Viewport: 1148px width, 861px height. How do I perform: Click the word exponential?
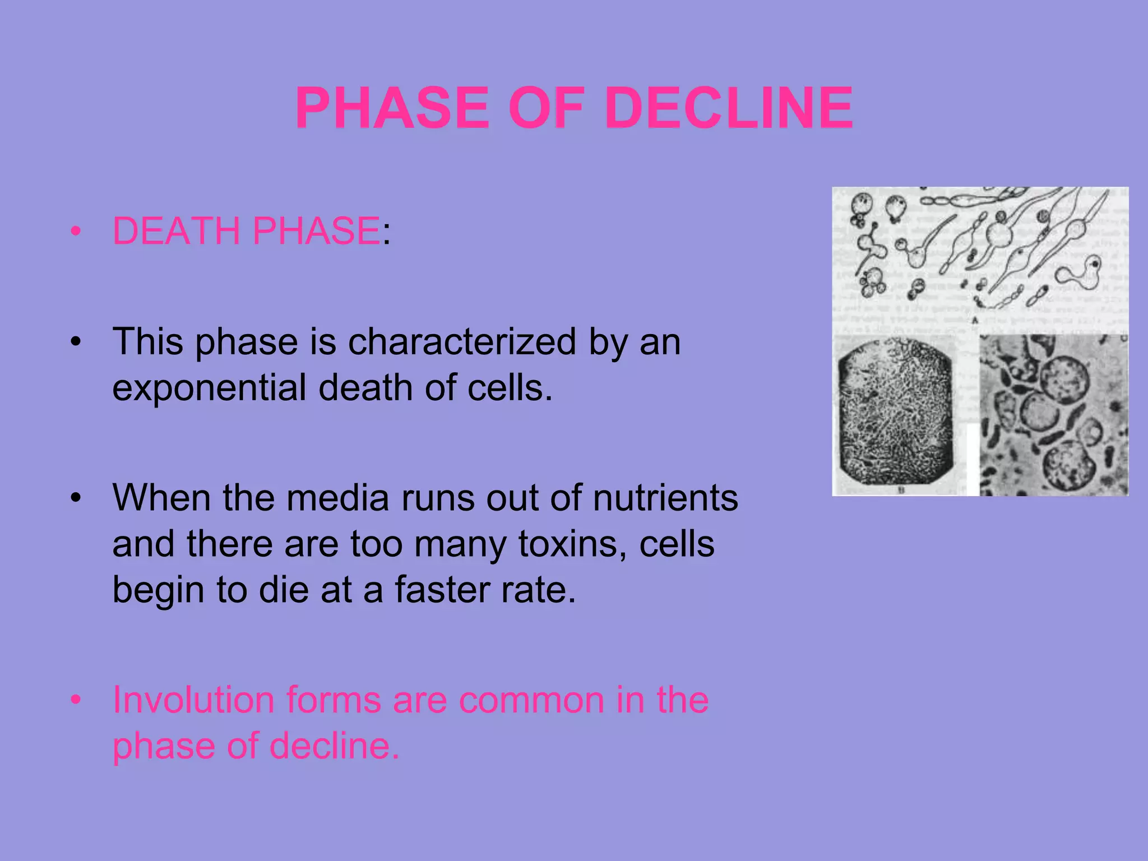(x=209, y=388)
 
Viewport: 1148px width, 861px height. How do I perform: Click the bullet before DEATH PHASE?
(x=76, y=231)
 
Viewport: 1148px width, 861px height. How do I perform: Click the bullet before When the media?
(x=76, y=498)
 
